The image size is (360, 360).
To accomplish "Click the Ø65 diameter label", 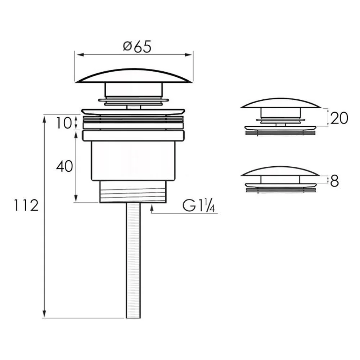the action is click(137, 47).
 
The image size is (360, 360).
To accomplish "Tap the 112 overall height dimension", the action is click(26, 205).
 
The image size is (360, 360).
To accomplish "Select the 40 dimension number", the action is click(64, 166).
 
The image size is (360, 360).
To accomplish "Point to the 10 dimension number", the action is click(64, 123).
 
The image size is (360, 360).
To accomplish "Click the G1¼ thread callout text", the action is click(199, 206).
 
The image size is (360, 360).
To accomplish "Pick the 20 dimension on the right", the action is click(339, 118).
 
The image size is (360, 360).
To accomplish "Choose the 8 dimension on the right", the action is click(334, 181).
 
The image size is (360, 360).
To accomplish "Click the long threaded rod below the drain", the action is click(133, 260).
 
